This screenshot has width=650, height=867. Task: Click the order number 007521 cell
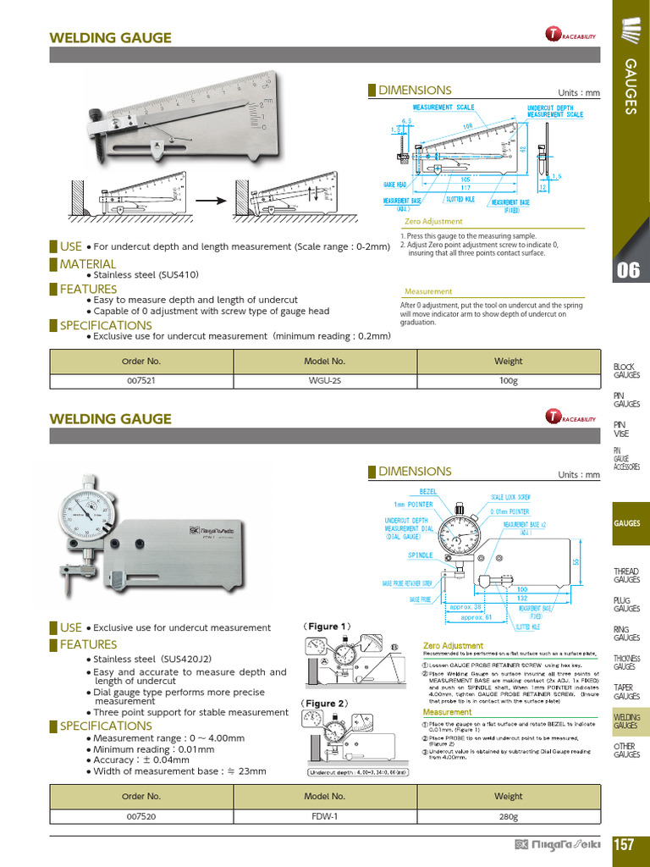click(x=141, y=381)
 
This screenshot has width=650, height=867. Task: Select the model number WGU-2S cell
click(x=325, y=381)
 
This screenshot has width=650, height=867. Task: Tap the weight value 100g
click(x=508, y=381)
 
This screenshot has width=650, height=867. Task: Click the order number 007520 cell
click(x=141, y=817)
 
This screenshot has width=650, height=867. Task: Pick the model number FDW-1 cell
click(x=325, y=817)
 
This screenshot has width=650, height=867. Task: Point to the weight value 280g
click(x=508, y=817)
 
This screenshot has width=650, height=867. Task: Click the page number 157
click(x=625, y=845)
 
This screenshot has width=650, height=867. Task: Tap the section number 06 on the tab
click(x=628, y=271)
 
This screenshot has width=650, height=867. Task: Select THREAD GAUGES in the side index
click(x=626, y=576)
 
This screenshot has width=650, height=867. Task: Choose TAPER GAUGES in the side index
click(x=626, y=692)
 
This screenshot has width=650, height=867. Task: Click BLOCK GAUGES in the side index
click(x=626, y=371)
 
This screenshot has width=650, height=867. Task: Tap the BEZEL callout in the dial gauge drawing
click(x=427, y=491)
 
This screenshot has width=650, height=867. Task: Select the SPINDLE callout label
click(x=421, y=555)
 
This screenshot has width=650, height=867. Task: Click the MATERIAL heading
click(x=87, y=264)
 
